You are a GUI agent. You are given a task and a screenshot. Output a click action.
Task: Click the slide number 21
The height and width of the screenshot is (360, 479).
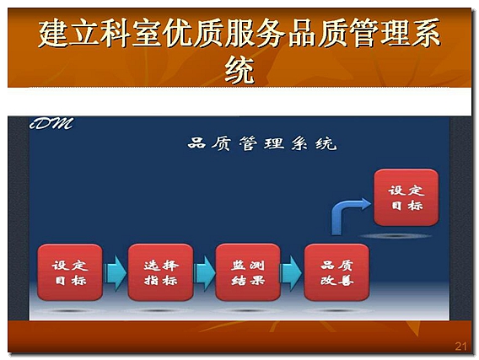(x=461, y=347)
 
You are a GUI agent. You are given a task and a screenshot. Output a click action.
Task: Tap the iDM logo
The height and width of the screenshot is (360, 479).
(x=51, y=123)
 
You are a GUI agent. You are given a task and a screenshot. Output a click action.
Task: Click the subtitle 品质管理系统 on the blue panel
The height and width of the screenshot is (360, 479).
(x=262, y=143)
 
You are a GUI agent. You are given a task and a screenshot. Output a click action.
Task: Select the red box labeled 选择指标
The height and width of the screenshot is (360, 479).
(x=161, y=272)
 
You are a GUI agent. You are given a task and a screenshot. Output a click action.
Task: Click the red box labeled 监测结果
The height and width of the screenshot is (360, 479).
(x=248, y=272)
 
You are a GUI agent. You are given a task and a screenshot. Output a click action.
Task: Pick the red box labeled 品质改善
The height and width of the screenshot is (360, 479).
(x=336, y=272)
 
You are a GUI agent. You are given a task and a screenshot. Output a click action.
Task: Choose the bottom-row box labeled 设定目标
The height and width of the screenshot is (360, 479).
(x=70, y=272)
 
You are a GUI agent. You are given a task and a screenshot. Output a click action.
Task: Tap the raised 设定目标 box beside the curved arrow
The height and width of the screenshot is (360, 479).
(x=406, y=197)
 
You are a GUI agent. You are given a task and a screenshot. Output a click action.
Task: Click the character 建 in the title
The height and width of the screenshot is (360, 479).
(x=53, y=33)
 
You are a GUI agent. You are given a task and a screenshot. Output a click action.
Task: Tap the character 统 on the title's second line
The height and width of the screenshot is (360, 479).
(x=239, y=69)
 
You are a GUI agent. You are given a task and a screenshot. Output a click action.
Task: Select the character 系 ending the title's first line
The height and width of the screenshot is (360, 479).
(x=426, y=33)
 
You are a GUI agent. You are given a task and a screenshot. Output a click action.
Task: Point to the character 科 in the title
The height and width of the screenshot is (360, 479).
(x=116, y=33)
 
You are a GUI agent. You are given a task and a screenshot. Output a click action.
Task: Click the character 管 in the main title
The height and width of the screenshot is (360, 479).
(x=363, y=33)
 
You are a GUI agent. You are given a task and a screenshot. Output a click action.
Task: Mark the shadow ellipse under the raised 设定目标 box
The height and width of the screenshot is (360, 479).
(x=396, y=236)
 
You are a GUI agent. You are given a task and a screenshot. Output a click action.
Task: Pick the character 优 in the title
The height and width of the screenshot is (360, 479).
(x=177, y=33)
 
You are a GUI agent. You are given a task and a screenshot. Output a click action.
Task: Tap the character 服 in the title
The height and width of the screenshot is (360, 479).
(x=239, y=33)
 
